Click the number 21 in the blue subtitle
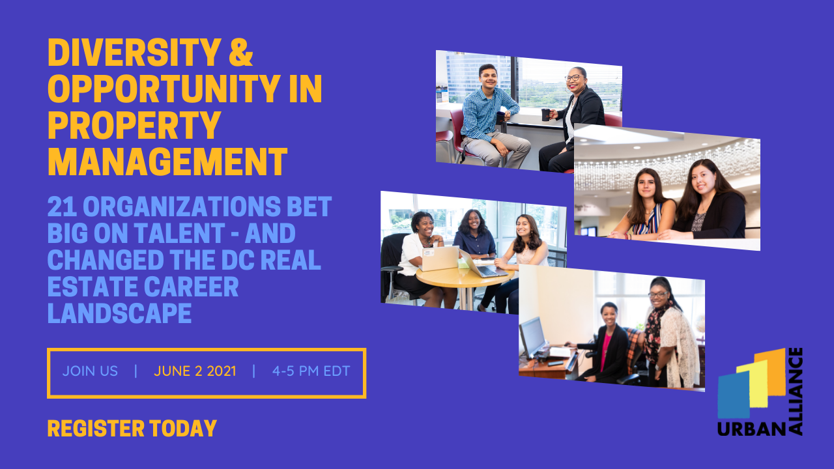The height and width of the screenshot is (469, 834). click(x=63, y=207)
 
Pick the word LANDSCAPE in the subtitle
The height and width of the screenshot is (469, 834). click(x=119, y=313)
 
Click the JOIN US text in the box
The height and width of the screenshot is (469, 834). click(x=90, y=371)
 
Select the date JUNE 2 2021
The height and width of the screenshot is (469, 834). click(x=195, y=371)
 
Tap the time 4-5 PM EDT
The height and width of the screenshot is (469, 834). click(x=311, y=371)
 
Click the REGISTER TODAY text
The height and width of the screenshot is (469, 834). click(x=132, y=429)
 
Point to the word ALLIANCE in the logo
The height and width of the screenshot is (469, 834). click(x=795, y=391)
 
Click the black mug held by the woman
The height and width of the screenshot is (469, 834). click(x=545, y=115)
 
